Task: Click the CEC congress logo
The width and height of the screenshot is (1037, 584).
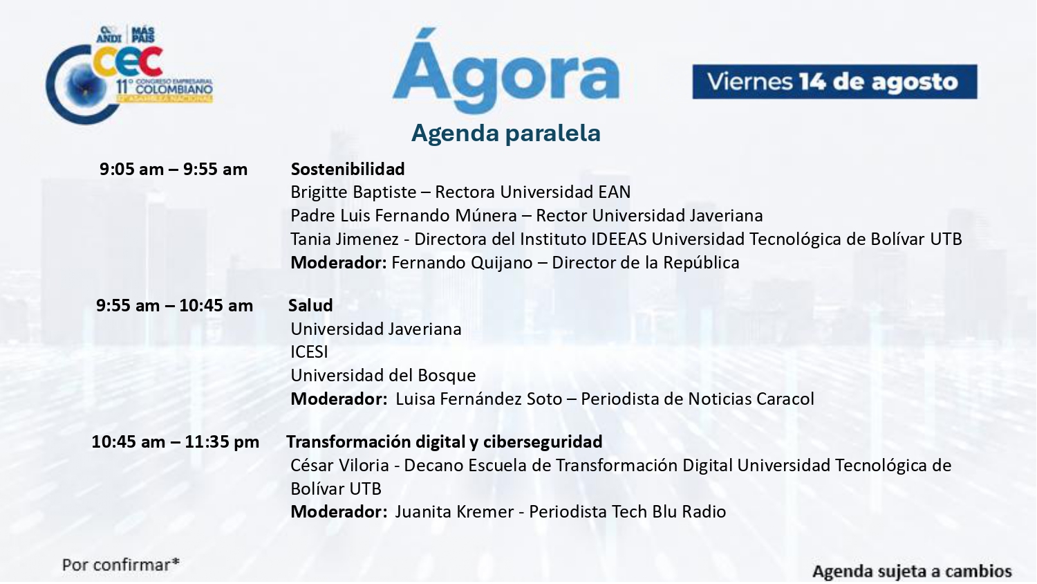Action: tap(129, 75)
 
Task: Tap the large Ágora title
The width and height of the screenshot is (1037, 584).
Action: tap(506, 71)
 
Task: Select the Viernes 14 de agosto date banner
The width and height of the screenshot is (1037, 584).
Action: tap(834, 82)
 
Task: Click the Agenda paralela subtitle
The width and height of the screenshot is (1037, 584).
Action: tap(506, 133)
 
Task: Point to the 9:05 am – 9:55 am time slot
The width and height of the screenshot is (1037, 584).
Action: tap(174, 169)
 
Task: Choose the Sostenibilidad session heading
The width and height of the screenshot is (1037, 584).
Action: tap(348, 169)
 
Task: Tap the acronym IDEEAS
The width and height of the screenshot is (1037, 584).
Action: tap(619, 239)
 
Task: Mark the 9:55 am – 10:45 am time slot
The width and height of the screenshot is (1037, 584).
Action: tap(174, 306)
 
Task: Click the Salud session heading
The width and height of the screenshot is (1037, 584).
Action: tap(310, 306)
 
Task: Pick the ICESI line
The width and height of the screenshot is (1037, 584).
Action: tap(309, 352)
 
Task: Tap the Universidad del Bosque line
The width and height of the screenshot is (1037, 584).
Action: tap(383, 376)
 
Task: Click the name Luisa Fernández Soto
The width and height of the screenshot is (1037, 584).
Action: tap(478, 399)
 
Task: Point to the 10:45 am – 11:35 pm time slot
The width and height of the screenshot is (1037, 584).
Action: tap(176, 442)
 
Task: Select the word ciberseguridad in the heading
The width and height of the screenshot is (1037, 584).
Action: tap(543, 442)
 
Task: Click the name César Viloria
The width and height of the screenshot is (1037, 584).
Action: tap(340, 466)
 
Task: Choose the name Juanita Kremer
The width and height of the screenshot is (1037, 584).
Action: tap(454, 512)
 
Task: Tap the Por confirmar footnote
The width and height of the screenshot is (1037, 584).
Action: tap(121, 565)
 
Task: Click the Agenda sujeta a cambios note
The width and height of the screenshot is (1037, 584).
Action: tap(912, 572)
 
